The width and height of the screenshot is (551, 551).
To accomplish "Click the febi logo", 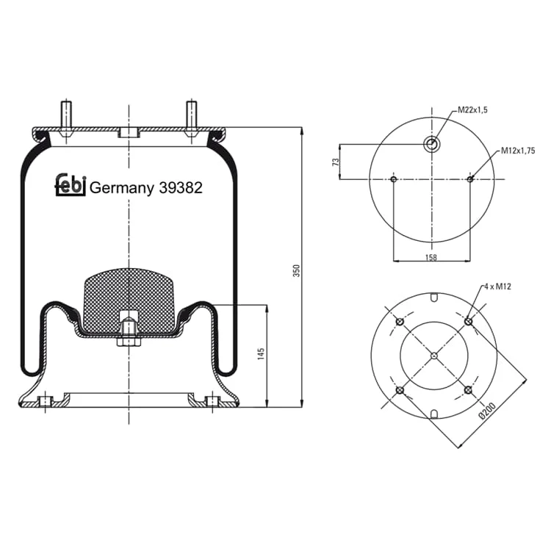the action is coord(71,184).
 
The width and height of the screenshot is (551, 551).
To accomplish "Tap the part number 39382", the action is coord(181,188).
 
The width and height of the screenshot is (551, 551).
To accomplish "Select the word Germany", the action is coord(121,189).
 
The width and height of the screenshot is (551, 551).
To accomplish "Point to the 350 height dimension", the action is coord(297,270).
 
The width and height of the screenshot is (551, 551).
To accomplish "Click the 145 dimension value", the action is coord(261,354).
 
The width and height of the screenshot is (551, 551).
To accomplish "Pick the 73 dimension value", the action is coord(336,162).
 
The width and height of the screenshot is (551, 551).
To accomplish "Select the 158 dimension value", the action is coord(431,258).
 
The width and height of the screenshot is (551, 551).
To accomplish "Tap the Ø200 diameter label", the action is coord(487,411).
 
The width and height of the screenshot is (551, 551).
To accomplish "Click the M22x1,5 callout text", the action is coord(472,110).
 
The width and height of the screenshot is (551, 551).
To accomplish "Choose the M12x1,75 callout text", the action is coord(518,151).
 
